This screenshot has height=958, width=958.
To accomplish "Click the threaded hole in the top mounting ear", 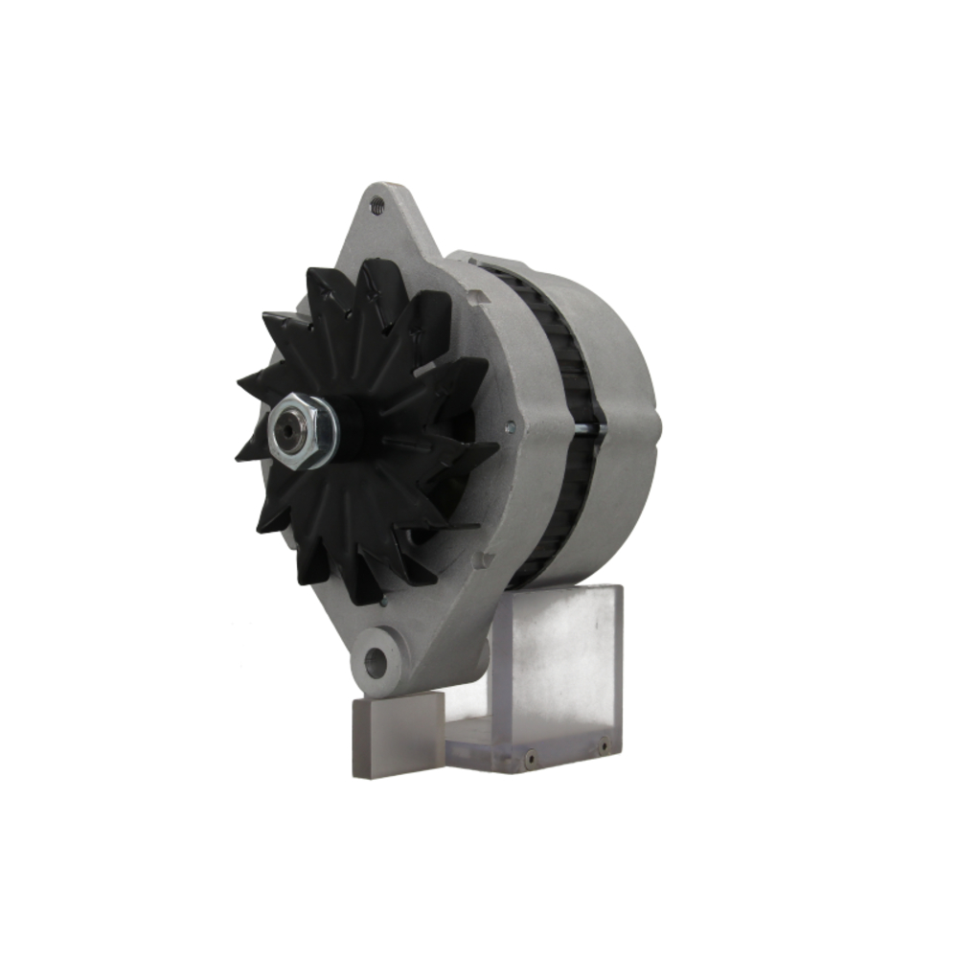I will [377, 203].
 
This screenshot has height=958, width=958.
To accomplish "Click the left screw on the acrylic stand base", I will [529, 761].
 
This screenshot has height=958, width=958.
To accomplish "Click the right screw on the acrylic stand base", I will [604, 743].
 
